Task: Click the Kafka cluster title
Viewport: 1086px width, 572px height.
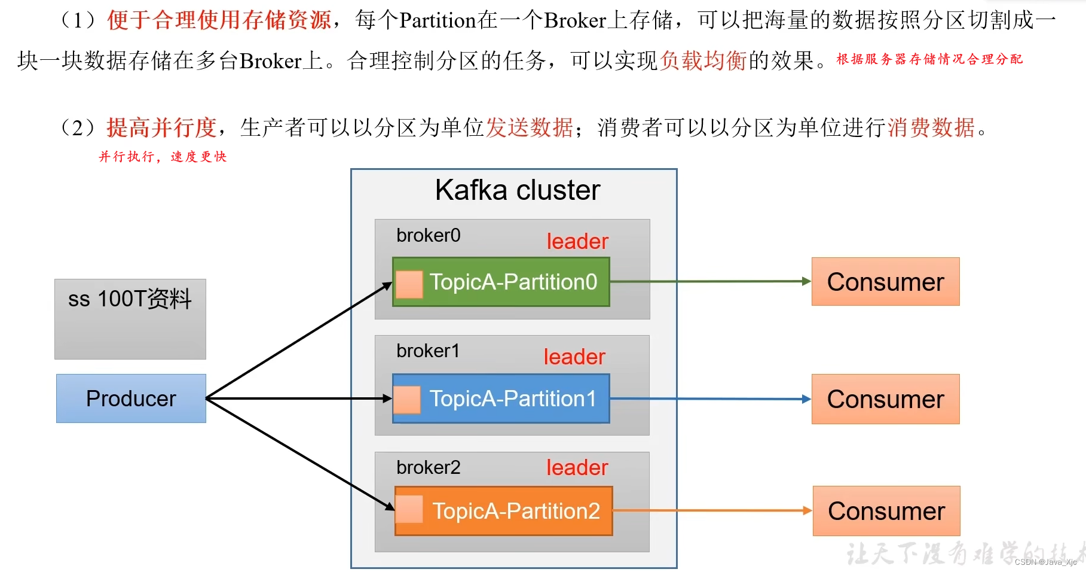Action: pyautogui.click(x=517, y=190)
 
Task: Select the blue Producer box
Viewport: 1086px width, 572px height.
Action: pyautogui.click(x=131, y=398)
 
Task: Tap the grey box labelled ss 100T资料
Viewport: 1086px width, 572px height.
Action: pyautogui.click(x=130, y=318)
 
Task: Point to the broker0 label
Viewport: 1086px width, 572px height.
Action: pyautogui.click(x=428, y=235)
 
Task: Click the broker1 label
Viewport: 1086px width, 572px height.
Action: pyautogui.click(x=428, y=351)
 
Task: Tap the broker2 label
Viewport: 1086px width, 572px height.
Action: pyautogui.click(x=428, y=467)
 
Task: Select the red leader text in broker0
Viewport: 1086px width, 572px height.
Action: pyautogui.click(x=577, y=241)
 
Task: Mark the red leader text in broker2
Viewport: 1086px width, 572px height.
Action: pyautogui.click(x=577, y=467)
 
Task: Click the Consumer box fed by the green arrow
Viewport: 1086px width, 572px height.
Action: pyautogui.click(x=885, y=282)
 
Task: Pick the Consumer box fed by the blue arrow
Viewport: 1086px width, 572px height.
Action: pyautogui.click(x=885, y=399)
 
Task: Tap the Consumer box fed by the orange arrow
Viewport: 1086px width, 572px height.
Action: pyautogui.click(x=886, y=511)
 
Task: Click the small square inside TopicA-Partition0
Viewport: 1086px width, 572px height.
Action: pyautogui.click(x=409, y=284)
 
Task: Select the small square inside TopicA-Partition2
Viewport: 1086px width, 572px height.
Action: pyautogui.click(x=409, y=509)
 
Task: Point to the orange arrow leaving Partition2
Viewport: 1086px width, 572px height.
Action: pyautogui.click(x=711, y=510)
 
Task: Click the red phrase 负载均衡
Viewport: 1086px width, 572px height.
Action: pyautogui.click(x=703, y=60)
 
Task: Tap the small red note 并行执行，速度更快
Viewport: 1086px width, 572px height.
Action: pyautogui.click(x=163, y=157)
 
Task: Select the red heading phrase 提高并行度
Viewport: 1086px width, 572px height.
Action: pyautogui.click(x=161, y=127)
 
